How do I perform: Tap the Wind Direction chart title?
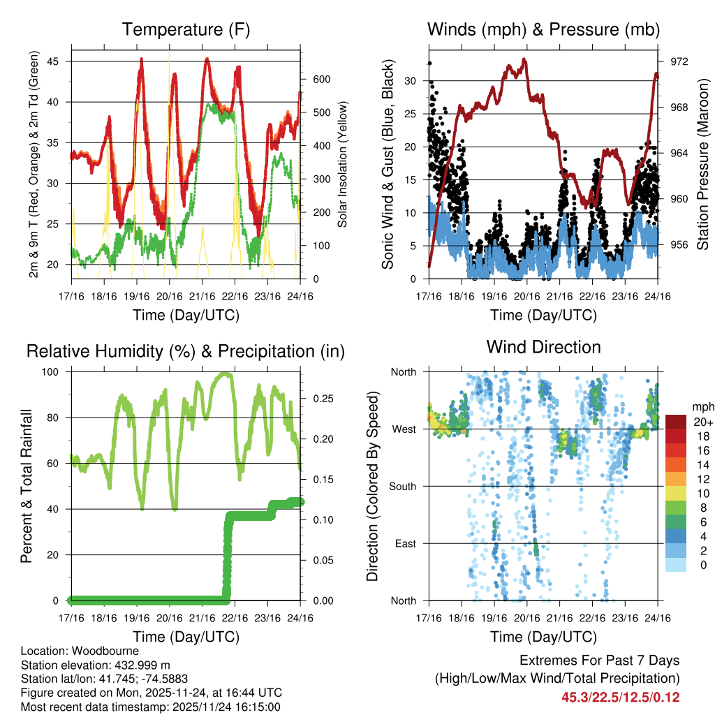click(543, 347)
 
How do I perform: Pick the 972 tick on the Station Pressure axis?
click(678, 61)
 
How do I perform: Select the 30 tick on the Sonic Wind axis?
click(411, 81)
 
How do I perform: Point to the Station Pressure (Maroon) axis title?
click(702, 164)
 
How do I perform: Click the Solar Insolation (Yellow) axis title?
click(343, 164)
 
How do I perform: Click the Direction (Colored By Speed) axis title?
click(372, 486)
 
